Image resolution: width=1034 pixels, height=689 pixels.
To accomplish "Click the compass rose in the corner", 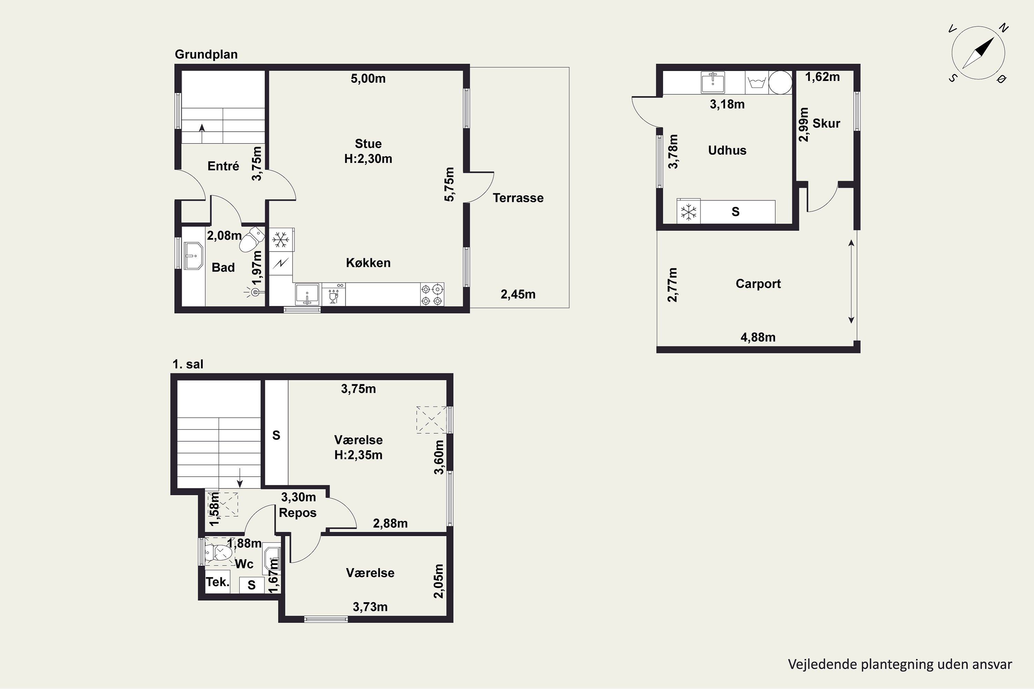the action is [x=978, y=53].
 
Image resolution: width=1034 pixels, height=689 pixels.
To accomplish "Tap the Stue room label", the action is [x=368, y=144].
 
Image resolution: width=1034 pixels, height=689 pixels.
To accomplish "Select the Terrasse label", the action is [x=518, y=198].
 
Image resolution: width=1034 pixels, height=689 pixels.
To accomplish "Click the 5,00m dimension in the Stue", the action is [x=368, y=78].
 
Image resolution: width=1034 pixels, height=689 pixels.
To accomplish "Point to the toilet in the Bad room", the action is [x=252, y=239].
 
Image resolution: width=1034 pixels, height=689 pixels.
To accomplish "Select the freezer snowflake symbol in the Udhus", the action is [x=688, y=212].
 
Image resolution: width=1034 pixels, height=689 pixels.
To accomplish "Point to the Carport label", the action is [x=758, y=284].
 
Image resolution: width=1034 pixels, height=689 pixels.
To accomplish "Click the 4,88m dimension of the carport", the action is [x=758, y=338].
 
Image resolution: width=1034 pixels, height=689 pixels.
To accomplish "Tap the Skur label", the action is [x=826, y=123].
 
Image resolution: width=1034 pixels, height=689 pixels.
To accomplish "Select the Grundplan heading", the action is [x=206, y=54].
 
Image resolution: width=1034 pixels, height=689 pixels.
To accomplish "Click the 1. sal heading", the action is [x=188, y=364].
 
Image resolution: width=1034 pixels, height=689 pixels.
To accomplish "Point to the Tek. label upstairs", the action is [x=217, y=582].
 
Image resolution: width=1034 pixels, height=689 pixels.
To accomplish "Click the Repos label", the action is [x=298, y=513].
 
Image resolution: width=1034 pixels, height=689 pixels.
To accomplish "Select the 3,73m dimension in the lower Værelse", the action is [x=370, y=607].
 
